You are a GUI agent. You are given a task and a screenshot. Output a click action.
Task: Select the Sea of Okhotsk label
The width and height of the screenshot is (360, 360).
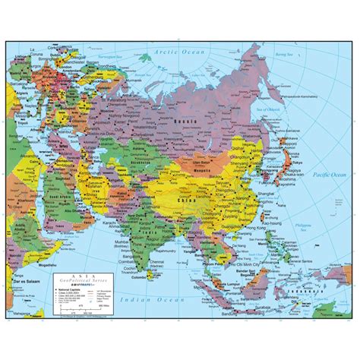[292, 111]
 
